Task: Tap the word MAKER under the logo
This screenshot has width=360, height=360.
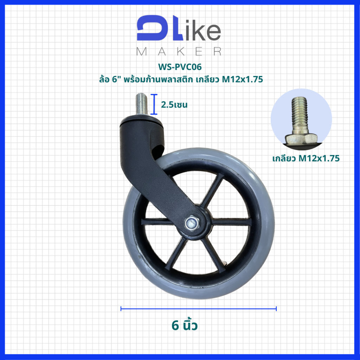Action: (x=179, y=51)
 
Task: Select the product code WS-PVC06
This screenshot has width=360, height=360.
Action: (x=180, y=67)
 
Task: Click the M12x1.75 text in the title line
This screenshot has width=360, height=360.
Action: (x=242, y=79)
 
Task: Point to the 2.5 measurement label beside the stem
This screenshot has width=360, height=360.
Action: (x=174, y=105)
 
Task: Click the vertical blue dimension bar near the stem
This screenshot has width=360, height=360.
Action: (x=154, y=104)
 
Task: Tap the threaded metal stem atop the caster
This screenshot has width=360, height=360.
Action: (x=141, y=104)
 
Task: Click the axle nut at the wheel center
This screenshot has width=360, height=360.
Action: (x=192, y=223)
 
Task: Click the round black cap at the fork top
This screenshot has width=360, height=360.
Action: (x=141, y=120)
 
